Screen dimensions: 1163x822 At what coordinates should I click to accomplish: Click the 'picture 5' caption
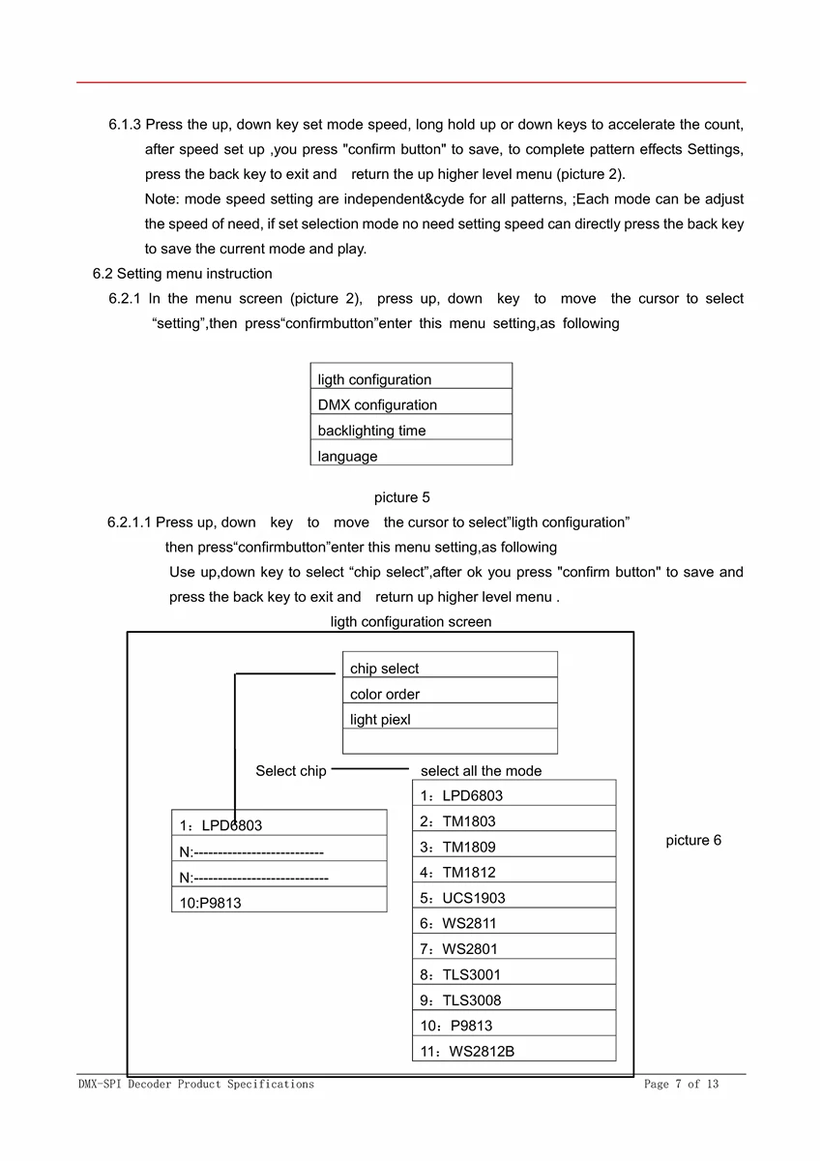click(x=401, y=497)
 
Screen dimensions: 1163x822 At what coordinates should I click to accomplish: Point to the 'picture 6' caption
click(x=692, y=840)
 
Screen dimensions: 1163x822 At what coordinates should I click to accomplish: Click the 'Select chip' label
click(x=290, y=771)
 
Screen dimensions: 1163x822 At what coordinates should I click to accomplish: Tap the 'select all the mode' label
click(x=481, y=771)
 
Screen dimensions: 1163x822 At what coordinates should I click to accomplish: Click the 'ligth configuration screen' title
click(x=410, y=622)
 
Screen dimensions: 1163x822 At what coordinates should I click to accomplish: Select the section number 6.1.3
click(x=125, y=125)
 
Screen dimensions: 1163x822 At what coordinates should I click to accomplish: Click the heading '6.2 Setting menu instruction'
click(x=183, y=274)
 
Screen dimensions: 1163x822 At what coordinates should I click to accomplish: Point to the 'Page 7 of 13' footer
click(x=681, y=1085)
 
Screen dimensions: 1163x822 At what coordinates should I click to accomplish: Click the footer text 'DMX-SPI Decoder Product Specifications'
click(x=196, y=1085)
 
